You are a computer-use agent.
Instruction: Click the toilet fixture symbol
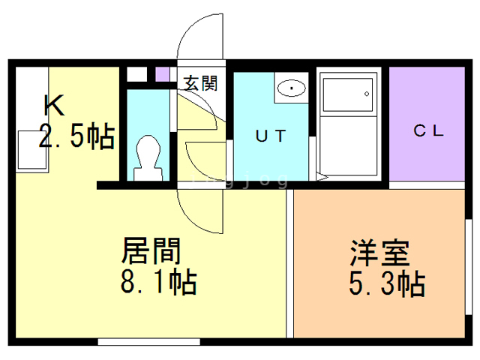click(146, 156)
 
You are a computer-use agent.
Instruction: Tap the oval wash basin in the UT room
click(290, 89)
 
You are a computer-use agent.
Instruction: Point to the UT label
click(270, 136)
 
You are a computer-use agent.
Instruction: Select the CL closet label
click(429, 130)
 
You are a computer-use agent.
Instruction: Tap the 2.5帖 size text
click(76, 136)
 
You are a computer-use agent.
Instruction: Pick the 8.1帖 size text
click(158, 283)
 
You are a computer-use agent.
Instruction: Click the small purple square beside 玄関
click(162, 74)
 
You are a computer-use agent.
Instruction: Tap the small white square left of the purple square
click(136, 74)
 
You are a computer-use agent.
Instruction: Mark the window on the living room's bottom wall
click(150, 341)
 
